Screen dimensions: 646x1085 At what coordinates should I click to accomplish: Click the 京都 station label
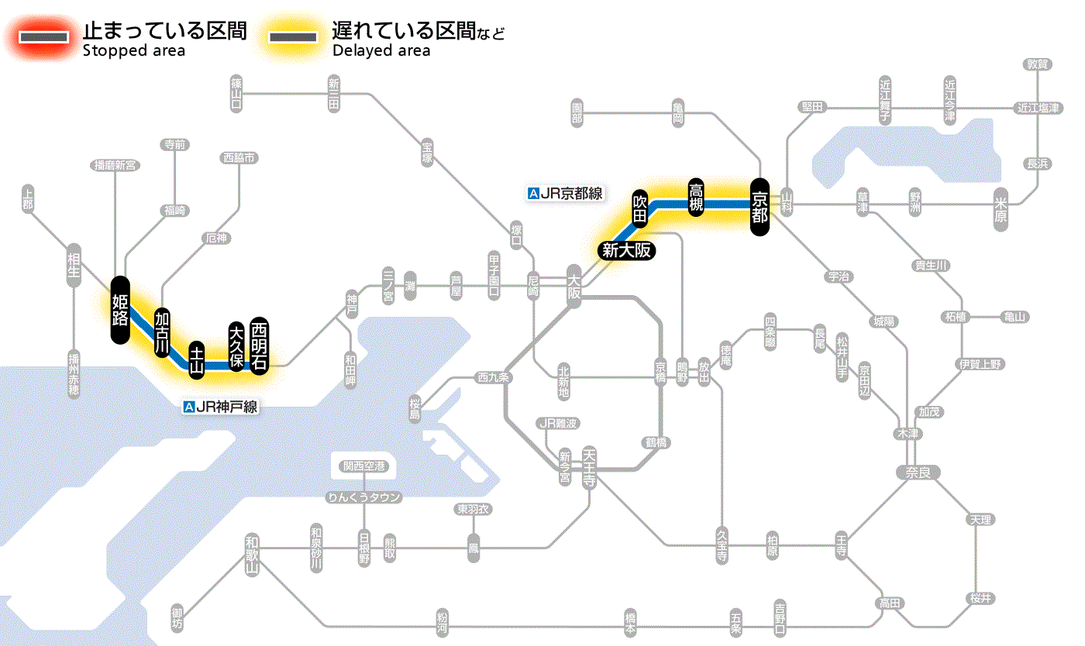759,207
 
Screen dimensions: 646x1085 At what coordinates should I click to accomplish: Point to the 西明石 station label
259,345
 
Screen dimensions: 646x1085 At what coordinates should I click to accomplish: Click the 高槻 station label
696,198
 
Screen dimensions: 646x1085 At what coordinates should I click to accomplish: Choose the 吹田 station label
640,208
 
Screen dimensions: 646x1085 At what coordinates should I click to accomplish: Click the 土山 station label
198,360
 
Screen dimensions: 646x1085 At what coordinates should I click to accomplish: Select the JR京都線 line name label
565,194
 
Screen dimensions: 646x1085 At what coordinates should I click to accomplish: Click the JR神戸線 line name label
220,406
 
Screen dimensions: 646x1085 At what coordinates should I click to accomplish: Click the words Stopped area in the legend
134,51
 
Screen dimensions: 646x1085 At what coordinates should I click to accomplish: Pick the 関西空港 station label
364,466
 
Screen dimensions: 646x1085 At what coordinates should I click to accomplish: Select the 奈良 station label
917,472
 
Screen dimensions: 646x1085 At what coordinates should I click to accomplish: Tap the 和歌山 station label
252,555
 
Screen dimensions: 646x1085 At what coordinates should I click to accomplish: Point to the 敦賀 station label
1038,64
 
